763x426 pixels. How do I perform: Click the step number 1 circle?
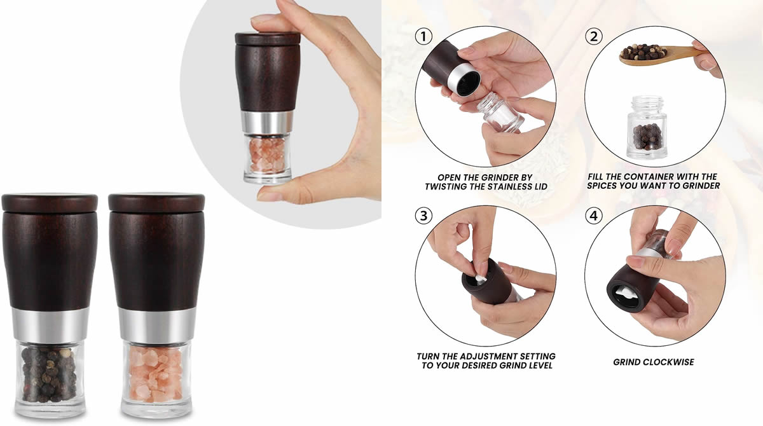(423, 36)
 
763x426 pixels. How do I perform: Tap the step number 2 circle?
(593, 36)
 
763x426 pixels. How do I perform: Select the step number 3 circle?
(423, 216)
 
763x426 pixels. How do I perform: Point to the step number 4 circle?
(593, 216)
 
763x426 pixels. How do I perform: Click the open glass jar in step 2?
(647, 127)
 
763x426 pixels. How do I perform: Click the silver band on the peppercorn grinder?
(50, 326)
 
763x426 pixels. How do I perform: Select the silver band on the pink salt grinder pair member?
(156, 326)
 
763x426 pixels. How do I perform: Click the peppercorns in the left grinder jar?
(50, 374)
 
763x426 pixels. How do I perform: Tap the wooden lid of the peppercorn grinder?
(50, 202)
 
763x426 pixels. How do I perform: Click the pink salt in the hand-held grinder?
(267, 155)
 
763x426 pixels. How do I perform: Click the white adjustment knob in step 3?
(479, 278)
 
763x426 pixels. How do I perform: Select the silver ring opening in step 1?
(465, 81)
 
